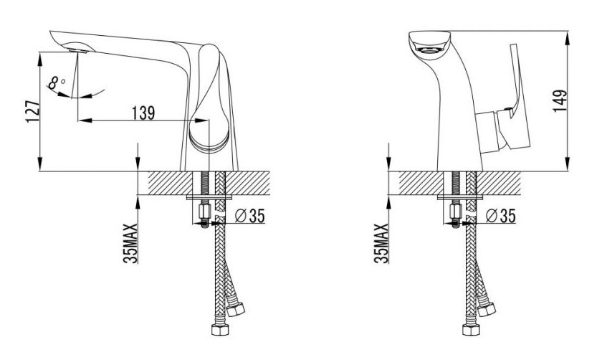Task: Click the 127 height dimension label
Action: (x=33, y=111)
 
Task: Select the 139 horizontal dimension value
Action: (x=143, y=113)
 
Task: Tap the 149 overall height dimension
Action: (x=560, y=100)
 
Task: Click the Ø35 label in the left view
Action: (x=249, y=216)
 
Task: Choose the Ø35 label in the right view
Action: (x=501, y=216)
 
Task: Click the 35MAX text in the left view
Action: (x=130, y=243)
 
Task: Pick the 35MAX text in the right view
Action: (x=381, y=243)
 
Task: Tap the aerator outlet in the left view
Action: (x=77, y=50)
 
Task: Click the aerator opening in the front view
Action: (x=429, y=49)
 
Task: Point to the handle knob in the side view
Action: (x=209, y=99)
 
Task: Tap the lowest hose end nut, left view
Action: (x=220, y=329)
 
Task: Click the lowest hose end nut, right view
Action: (x=472, y=329)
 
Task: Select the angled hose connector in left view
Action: (x=235, y=308)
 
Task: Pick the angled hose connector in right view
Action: (x=486, y=308)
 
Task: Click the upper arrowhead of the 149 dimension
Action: (x=568, y=38)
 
